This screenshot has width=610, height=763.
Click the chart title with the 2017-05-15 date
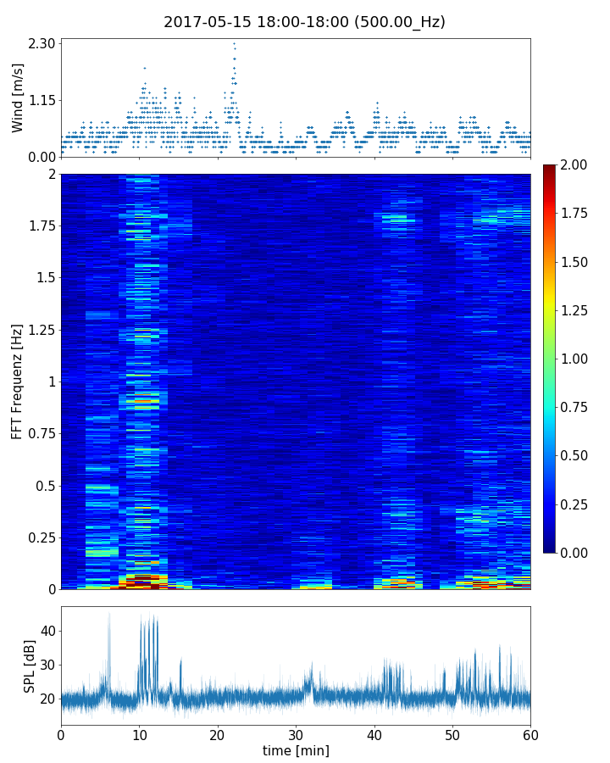point(304,22)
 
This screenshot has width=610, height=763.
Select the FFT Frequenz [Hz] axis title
point(18,381)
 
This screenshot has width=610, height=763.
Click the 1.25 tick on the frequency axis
point(42,330)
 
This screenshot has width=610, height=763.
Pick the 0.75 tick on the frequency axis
point(42,433)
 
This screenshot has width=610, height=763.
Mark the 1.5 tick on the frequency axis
point(47,278)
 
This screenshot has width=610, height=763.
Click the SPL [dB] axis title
point(30,666)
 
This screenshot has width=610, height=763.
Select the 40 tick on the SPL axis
point(47,631)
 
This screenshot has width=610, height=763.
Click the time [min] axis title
point(296,750)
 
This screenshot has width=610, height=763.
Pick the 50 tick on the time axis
point(452,734)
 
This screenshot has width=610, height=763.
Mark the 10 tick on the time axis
point(139,734)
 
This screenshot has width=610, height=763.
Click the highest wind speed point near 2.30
point(234,43)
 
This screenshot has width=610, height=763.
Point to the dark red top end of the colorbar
point(549,168)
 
